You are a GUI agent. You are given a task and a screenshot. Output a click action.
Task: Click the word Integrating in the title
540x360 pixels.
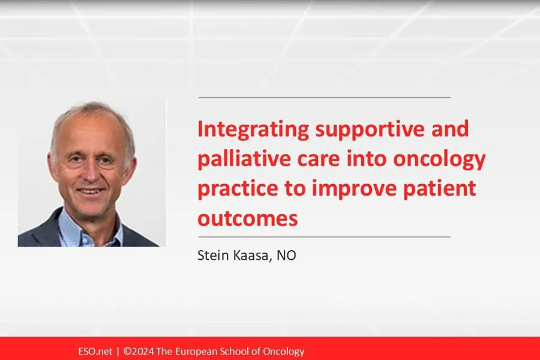(x=253, y=130)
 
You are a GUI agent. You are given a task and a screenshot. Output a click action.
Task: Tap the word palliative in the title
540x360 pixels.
(x=244, y=159)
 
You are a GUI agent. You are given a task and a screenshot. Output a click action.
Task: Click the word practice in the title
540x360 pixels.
(x=238, y=189)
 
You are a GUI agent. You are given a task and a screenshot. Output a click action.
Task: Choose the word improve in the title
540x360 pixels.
(x=354, y=189)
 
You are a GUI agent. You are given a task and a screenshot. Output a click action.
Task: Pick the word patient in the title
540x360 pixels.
(x=439, y=188)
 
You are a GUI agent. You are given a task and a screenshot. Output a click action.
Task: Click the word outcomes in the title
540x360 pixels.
(x=248, y=219)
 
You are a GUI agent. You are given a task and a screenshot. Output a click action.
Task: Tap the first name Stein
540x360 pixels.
(x=213, y=255)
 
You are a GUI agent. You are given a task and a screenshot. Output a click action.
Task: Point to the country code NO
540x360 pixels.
(x=286, y=255)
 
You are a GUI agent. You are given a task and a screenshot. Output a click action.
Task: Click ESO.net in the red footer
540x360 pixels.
(x=95, y=352)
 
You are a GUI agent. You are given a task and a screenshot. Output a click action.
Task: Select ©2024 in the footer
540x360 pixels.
(x=139, y=352)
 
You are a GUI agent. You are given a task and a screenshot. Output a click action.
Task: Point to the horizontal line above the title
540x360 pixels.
(x=325, y=97)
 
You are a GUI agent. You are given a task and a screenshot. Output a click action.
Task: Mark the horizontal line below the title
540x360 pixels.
(x=325, y=237)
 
